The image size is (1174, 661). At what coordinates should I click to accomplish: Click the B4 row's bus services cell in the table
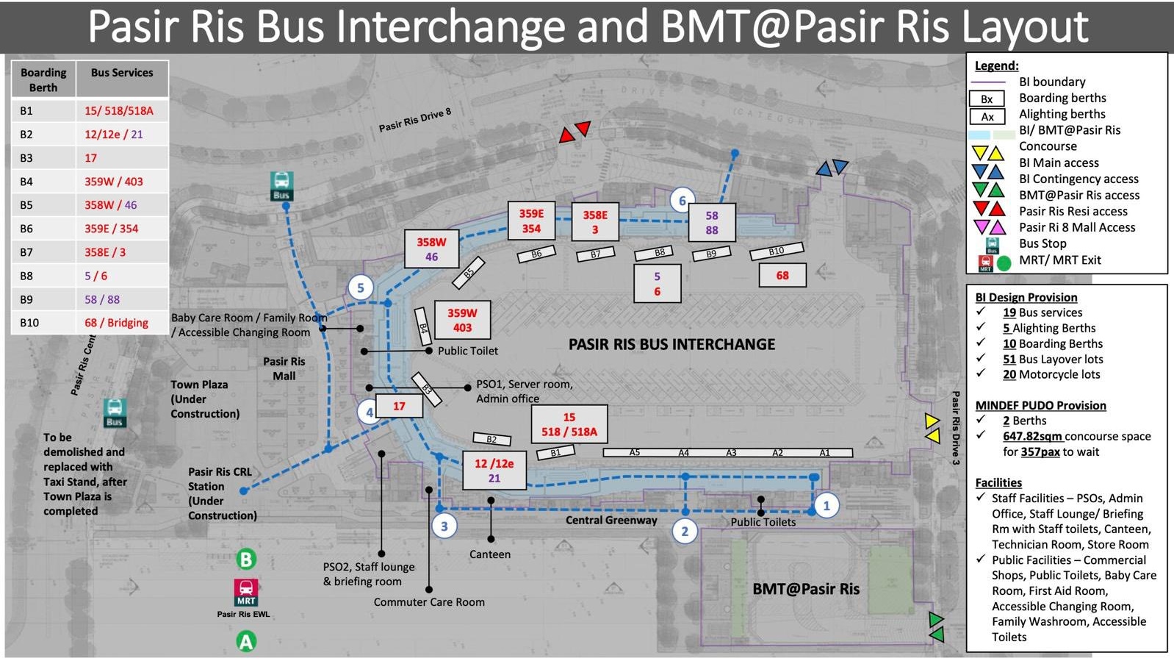pos(122,182)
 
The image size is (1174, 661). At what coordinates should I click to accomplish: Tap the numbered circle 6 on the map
pos(683,200)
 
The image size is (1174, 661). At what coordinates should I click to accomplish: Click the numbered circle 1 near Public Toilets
pos(827,505)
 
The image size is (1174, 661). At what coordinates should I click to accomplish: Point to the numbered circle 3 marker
pos(444,526)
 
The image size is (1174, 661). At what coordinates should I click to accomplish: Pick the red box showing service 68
pos(782,276)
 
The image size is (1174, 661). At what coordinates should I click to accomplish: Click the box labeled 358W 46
pos(431,249)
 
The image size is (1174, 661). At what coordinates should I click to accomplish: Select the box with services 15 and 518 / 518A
pos(569,424)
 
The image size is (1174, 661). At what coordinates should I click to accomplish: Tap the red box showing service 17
pos(399,406)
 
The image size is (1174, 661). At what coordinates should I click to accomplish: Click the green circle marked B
pos(246,560)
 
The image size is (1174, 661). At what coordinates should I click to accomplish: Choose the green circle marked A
pos(246,642)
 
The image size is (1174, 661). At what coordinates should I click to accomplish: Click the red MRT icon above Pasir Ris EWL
pos(246,591)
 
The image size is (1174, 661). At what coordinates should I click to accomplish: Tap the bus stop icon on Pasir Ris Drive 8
pos(281,186)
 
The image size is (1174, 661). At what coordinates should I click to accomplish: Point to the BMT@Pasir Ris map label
pos(806,589)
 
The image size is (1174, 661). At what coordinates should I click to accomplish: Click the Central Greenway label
pos(611,520)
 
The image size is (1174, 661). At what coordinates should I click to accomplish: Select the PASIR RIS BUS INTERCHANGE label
pos(671,344)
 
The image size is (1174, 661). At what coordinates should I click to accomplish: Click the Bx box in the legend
pos(987,99)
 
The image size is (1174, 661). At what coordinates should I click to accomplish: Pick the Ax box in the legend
pos(987,116)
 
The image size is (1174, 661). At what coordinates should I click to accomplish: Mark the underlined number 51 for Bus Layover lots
pos(1009,360)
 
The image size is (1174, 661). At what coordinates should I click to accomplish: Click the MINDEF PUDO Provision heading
pos(1040,405)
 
